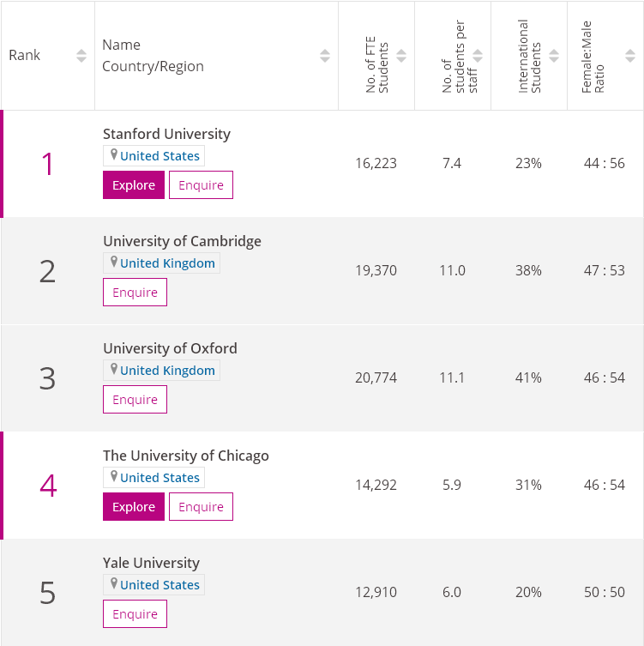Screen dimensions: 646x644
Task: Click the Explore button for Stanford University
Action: (x=133, y=185)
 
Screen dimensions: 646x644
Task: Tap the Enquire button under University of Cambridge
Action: (x=135, y=293)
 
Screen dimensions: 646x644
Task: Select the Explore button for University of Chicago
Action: (x=133, y=507)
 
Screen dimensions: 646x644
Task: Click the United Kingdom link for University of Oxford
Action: (x=167, y=371)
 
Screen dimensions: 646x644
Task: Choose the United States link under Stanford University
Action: (x=159, y=156)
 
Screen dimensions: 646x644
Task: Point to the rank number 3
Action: (x=47, y=378)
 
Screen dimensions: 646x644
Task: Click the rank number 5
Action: (x=47, y=593)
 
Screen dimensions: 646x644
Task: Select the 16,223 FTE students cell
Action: (x=376, y=163)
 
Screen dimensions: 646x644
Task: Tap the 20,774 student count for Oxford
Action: (x=376, y=377)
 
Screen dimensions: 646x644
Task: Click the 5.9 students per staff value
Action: (x=452, y=485)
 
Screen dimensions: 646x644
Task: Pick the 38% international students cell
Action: (x=528, y=270)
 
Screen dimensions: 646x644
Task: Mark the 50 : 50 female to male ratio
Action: (x=605, y=592)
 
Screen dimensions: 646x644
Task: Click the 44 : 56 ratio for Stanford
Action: (x=605, y=163)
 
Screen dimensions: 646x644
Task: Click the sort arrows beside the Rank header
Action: (x=81, y=56)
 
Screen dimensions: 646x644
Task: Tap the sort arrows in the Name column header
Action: (x=324, y=56)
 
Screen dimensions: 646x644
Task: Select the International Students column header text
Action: (x=529, y=56)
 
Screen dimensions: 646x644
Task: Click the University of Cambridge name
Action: (x=182, y=241)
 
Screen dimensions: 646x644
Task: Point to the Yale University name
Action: (x=151, y=563)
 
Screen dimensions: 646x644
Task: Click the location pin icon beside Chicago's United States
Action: (x=113, y=477)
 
